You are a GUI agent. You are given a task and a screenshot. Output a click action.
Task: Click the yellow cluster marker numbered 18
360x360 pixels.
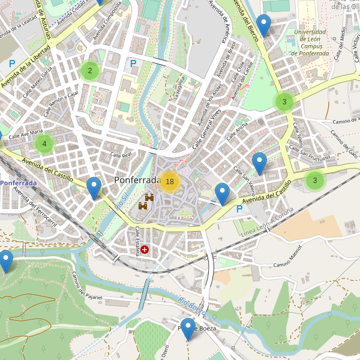tap(170, 181)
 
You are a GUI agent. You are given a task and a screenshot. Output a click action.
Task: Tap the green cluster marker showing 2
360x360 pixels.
tap(90, 71)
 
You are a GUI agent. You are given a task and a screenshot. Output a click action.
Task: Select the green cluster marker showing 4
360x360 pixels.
tap(44, 143)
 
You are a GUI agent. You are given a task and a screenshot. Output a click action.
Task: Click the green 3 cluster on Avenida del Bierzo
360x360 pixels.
tap(284, 101)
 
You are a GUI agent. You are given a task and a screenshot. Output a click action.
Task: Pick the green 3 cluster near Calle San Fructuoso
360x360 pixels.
tap(315, 180)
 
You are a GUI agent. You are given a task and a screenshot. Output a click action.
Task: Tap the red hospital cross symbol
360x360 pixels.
tap(145, 249)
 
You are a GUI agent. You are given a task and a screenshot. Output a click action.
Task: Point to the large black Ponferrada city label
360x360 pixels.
tap(136, 180)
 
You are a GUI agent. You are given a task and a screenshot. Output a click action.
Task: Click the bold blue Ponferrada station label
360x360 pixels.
tap(18, 182)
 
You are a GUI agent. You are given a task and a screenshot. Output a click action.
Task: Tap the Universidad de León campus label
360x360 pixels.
tap(310, 43)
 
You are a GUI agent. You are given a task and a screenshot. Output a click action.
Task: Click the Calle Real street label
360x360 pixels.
tap(121, 155)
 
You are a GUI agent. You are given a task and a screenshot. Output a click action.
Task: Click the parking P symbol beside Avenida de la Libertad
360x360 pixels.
tap(11, 62)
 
